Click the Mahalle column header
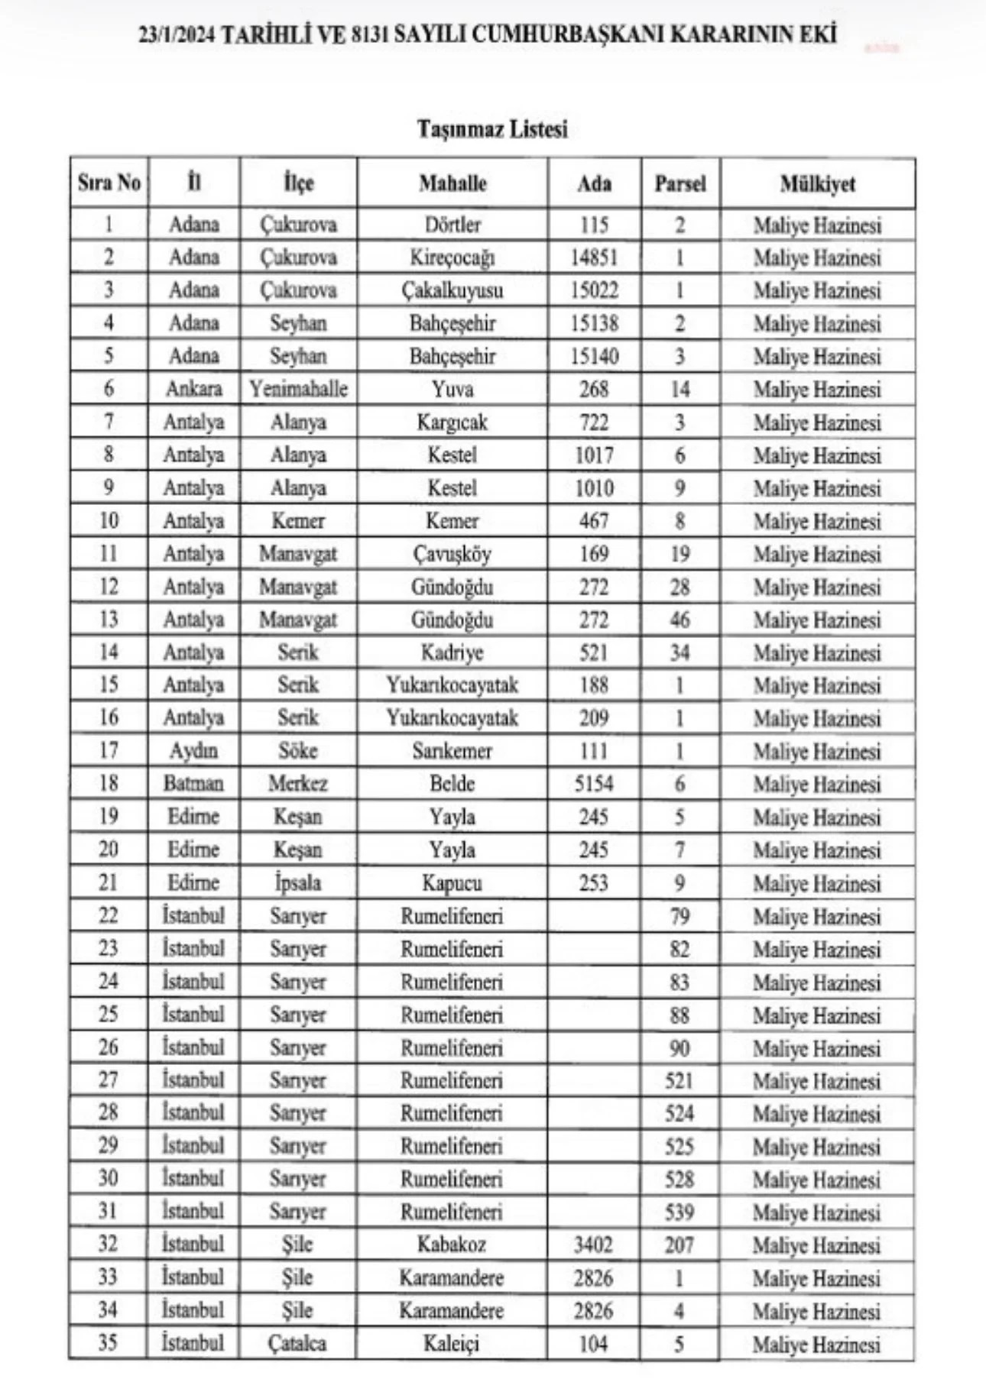[452, 183]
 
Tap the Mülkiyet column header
[817, 183]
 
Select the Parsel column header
[679, 183]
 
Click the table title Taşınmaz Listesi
[492, 128]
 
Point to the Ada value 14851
[594, 257]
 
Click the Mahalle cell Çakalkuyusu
[452, 290]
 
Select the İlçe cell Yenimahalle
[298, 389]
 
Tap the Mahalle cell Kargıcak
[452, 422]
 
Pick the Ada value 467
[594, 521]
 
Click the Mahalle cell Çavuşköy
[452, 554]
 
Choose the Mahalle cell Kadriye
[452, 652]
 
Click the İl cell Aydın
[193, 751]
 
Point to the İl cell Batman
[193, 784]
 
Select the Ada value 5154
[594, 784]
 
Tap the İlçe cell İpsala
[298, 882]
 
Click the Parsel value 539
[679, 1212]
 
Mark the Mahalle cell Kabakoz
[452, 1245]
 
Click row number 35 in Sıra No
[108, 1343]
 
